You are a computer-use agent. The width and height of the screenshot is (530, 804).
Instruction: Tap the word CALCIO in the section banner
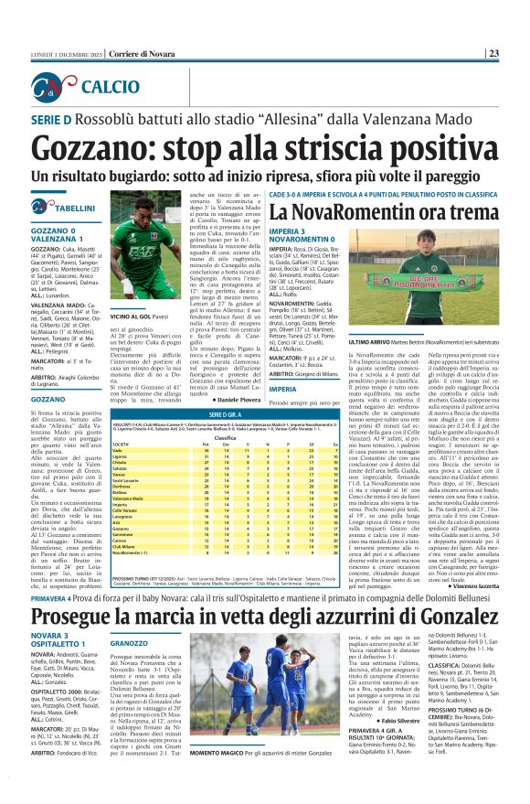pyautogui.click(x=108, y=88)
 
